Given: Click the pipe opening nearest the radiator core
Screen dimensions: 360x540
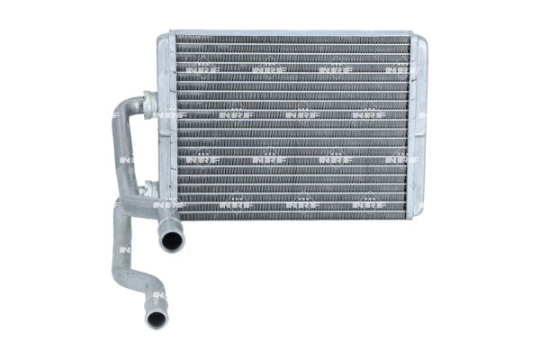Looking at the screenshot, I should tap(168, 240).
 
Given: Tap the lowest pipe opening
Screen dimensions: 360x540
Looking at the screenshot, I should tap(156, 318).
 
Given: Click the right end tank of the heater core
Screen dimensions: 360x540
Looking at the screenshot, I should tap(417, 126).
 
